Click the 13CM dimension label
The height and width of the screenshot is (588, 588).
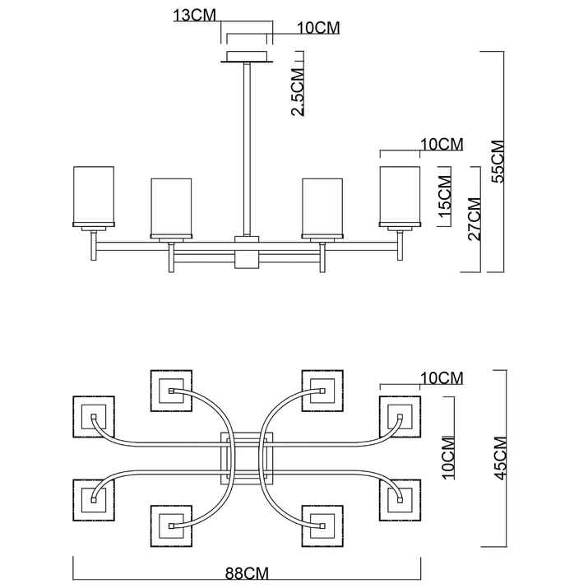[194, 16]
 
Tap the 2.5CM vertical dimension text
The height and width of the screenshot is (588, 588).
[298, 92]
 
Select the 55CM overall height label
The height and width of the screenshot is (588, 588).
[498, 161]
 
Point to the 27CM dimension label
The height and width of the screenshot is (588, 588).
[474, 219]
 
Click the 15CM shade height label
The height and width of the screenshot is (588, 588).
[445, 197]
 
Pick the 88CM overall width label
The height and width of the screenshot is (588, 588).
[248, 573]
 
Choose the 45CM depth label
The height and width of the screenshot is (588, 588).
[500, 458]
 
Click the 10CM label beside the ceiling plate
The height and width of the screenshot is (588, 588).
[318, 28]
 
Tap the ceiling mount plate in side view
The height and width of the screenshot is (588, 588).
[247, 57]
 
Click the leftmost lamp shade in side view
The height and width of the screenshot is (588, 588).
[94, 197]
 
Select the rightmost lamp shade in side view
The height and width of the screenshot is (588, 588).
[400, 197]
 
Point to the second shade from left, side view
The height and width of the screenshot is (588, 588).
[171, 208]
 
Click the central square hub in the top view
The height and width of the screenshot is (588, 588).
[247, 458]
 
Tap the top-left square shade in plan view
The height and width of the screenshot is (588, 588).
[171, 391]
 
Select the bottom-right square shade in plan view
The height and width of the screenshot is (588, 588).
[322, 525]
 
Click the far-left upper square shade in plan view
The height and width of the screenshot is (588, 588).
[94, 417]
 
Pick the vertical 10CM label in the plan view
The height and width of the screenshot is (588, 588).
[449, 458]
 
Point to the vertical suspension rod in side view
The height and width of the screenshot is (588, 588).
[247, 149]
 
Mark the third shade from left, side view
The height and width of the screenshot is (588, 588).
[322, 208]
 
